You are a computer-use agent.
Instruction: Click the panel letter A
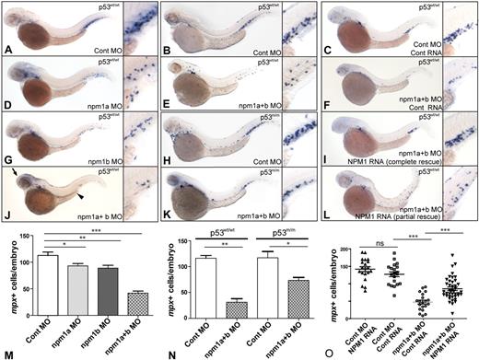[8, 50]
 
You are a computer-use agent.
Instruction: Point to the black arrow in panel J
[19, 171]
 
